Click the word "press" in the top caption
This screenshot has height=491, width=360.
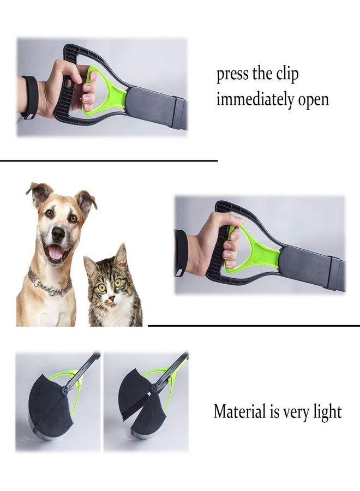(x=232, y=75)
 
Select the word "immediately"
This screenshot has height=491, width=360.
(x=255, y=100)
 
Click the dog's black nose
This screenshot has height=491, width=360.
(x=58, y=233)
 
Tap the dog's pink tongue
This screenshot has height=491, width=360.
(x=56, y=252)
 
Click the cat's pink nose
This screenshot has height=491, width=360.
(x=111, y=298)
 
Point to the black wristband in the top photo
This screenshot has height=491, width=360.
(x=30, y=97)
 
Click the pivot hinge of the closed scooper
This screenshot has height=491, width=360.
(x=64, y=390)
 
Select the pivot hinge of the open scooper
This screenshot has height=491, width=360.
(x=153, y=388)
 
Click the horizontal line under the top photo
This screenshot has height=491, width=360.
(x=109, y=161)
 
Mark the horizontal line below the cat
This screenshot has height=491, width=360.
(x=254, y=326)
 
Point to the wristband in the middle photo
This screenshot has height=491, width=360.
(x=181, y=253)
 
